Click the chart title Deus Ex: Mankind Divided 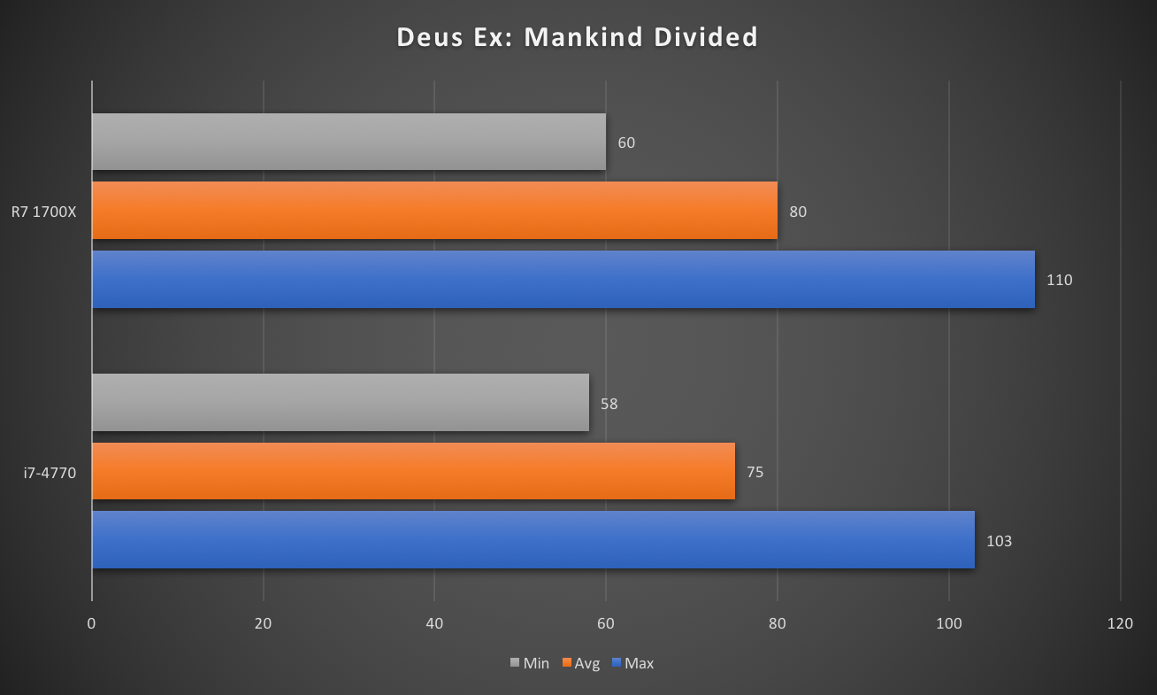(x=578, y=37)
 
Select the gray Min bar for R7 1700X (x=349, y=142)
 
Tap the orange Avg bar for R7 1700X (x=434, y=211)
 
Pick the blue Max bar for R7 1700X (x=563, y=280)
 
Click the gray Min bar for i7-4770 (x=340, y=403)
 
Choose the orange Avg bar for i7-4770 (x=413, y=471)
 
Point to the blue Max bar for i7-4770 (x=533, y=540)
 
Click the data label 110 (x=1059, y=281)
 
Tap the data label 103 (x=999, y=541)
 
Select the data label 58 (x=609, y=404)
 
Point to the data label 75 (x=755, y=472)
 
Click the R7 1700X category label (x=44, y=212)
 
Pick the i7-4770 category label (x=50, y=473)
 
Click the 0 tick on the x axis (x=92, y=623)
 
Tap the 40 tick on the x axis (x=434, y=623)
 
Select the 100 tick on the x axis (x=948, y=623)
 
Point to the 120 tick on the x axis (x=1120, y=623)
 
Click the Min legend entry (x=530, y=663)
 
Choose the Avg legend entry (x=580, y=663)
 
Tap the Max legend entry (x=632, y=663)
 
